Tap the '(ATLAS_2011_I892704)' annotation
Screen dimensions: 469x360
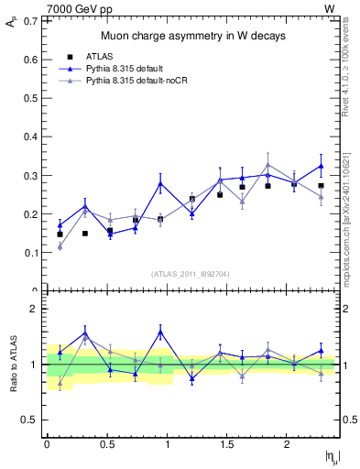click(x=191, y=274)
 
